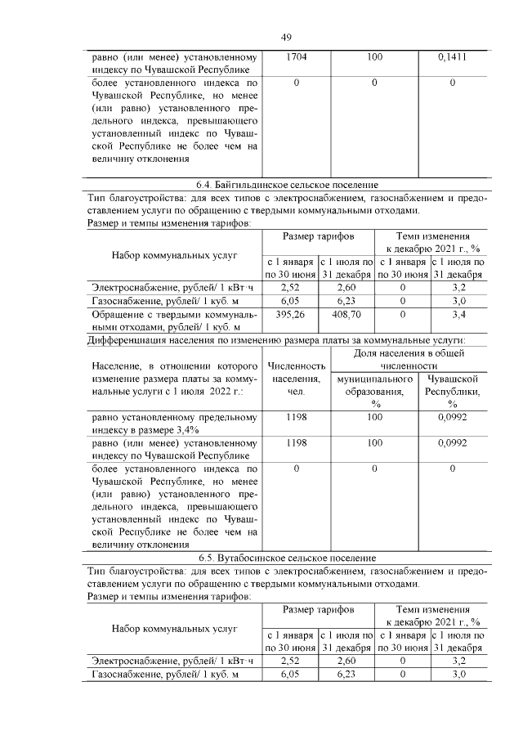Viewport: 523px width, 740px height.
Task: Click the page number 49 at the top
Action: click(x=287, y=38)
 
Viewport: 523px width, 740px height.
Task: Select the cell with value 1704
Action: click(x=296, y=58)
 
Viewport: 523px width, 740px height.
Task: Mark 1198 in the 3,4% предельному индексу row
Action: click(x=296, y=417)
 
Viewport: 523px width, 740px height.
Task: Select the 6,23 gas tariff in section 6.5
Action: click(x=346, y=675)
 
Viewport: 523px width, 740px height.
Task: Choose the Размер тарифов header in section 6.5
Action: click(x=318, y=610)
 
